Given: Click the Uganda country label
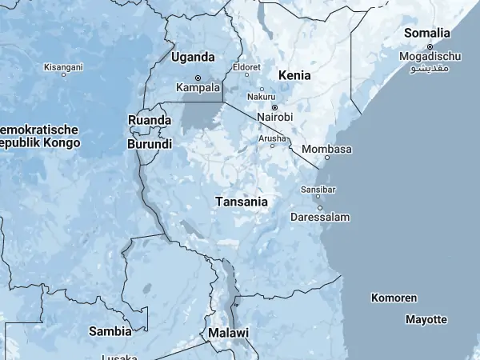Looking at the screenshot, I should click(193, 58).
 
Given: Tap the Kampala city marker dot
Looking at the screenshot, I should click(198, 78).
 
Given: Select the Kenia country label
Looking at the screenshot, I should click(294, 75).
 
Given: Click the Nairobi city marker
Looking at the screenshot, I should click(274, 107).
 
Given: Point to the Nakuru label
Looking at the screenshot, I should click(261, 97).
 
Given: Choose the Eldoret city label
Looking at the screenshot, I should click(246, 67).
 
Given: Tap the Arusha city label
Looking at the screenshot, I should click(272, 138).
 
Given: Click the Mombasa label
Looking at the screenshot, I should click(327, 149).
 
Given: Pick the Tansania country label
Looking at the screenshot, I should click(242, 202).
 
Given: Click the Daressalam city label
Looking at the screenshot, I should click(319, 217).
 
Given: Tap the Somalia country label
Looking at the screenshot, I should click(427, 33).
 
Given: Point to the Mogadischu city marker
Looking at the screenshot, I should click(430, 46).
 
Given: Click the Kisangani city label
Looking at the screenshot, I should click(63, 67).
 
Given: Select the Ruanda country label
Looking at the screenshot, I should click(149, 120).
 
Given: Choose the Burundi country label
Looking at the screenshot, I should click(149, 145).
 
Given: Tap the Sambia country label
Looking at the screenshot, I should click(110, 330).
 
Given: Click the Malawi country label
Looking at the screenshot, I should click(228, 333).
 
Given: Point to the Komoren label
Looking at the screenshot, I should click(394, 298).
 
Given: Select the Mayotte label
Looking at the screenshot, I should click(426, 319).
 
